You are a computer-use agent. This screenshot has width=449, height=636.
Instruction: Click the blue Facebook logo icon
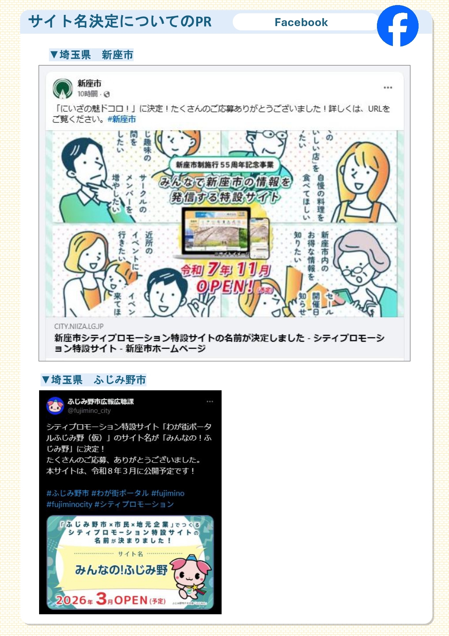(398, 26)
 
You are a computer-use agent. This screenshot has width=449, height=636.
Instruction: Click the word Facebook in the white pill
(301, 22)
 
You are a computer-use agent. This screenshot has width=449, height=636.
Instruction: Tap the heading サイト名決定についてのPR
(120, 21)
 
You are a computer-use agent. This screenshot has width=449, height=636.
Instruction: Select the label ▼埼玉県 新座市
(92, 55)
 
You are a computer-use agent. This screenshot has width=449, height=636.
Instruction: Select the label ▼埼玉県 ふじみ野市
(94, 380)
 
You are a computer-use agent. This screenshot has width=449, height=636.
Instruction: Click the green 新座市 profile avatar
(63, 88)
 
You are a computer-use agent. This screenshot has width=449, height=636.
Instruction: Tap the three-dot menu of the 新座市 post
(388, 88)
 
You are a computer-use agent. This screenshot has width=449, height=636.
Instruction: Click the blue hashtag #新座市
(122, 119)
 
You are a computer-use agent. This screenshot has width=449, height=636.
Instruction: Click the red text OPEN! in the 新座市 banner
(224, 287)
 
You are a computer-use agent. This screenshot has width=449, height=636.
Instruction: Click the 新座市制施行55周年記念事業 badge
(224, 165)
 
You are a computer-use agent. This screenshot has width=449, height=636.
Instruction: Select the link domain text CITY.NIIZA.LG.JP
(79, 326)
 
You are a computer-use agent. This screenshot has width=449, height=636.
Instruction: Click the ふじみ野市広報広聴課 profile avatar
(55, 406)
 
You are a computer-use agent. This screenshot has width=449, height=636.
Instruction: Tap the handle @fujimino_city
(89, 411)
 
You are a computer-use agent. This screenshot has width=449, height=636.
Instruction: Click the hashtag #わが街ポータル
(120, 493)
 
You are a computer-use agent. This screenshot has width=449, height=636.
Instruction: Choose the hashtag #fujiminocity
(69, 504)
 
